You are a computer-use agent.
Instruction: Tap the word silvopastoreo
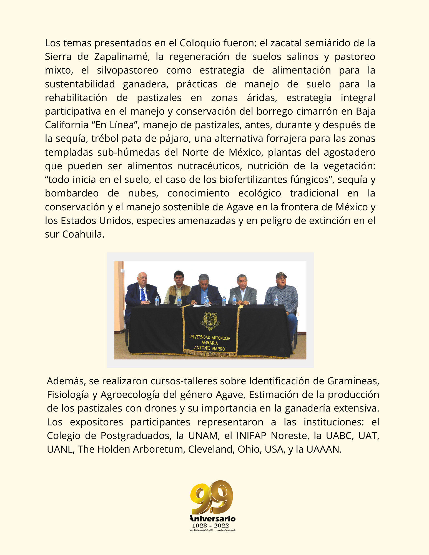[127, 70]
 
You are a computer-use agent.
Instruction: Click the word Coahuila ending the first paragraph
[83, 234]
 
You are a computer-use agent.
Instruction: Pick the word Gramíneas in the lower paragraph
[353, 381]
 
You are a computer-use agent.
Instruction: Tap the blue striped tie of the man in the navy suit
[143, 294]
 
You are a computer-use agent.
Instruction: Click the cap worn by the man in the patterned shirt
[281, 275]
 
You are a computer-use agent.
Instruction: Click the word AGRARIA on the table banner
[210, 343]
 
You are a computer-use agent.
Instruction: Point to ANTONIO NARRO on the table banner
[210, 348]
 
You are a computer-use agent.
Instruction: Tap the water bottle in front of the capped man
[276, 301]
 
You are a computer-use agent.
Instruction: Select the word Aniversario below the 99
[213, 519]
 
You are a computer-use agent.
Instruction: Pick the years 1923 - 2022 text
[211, 526]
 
